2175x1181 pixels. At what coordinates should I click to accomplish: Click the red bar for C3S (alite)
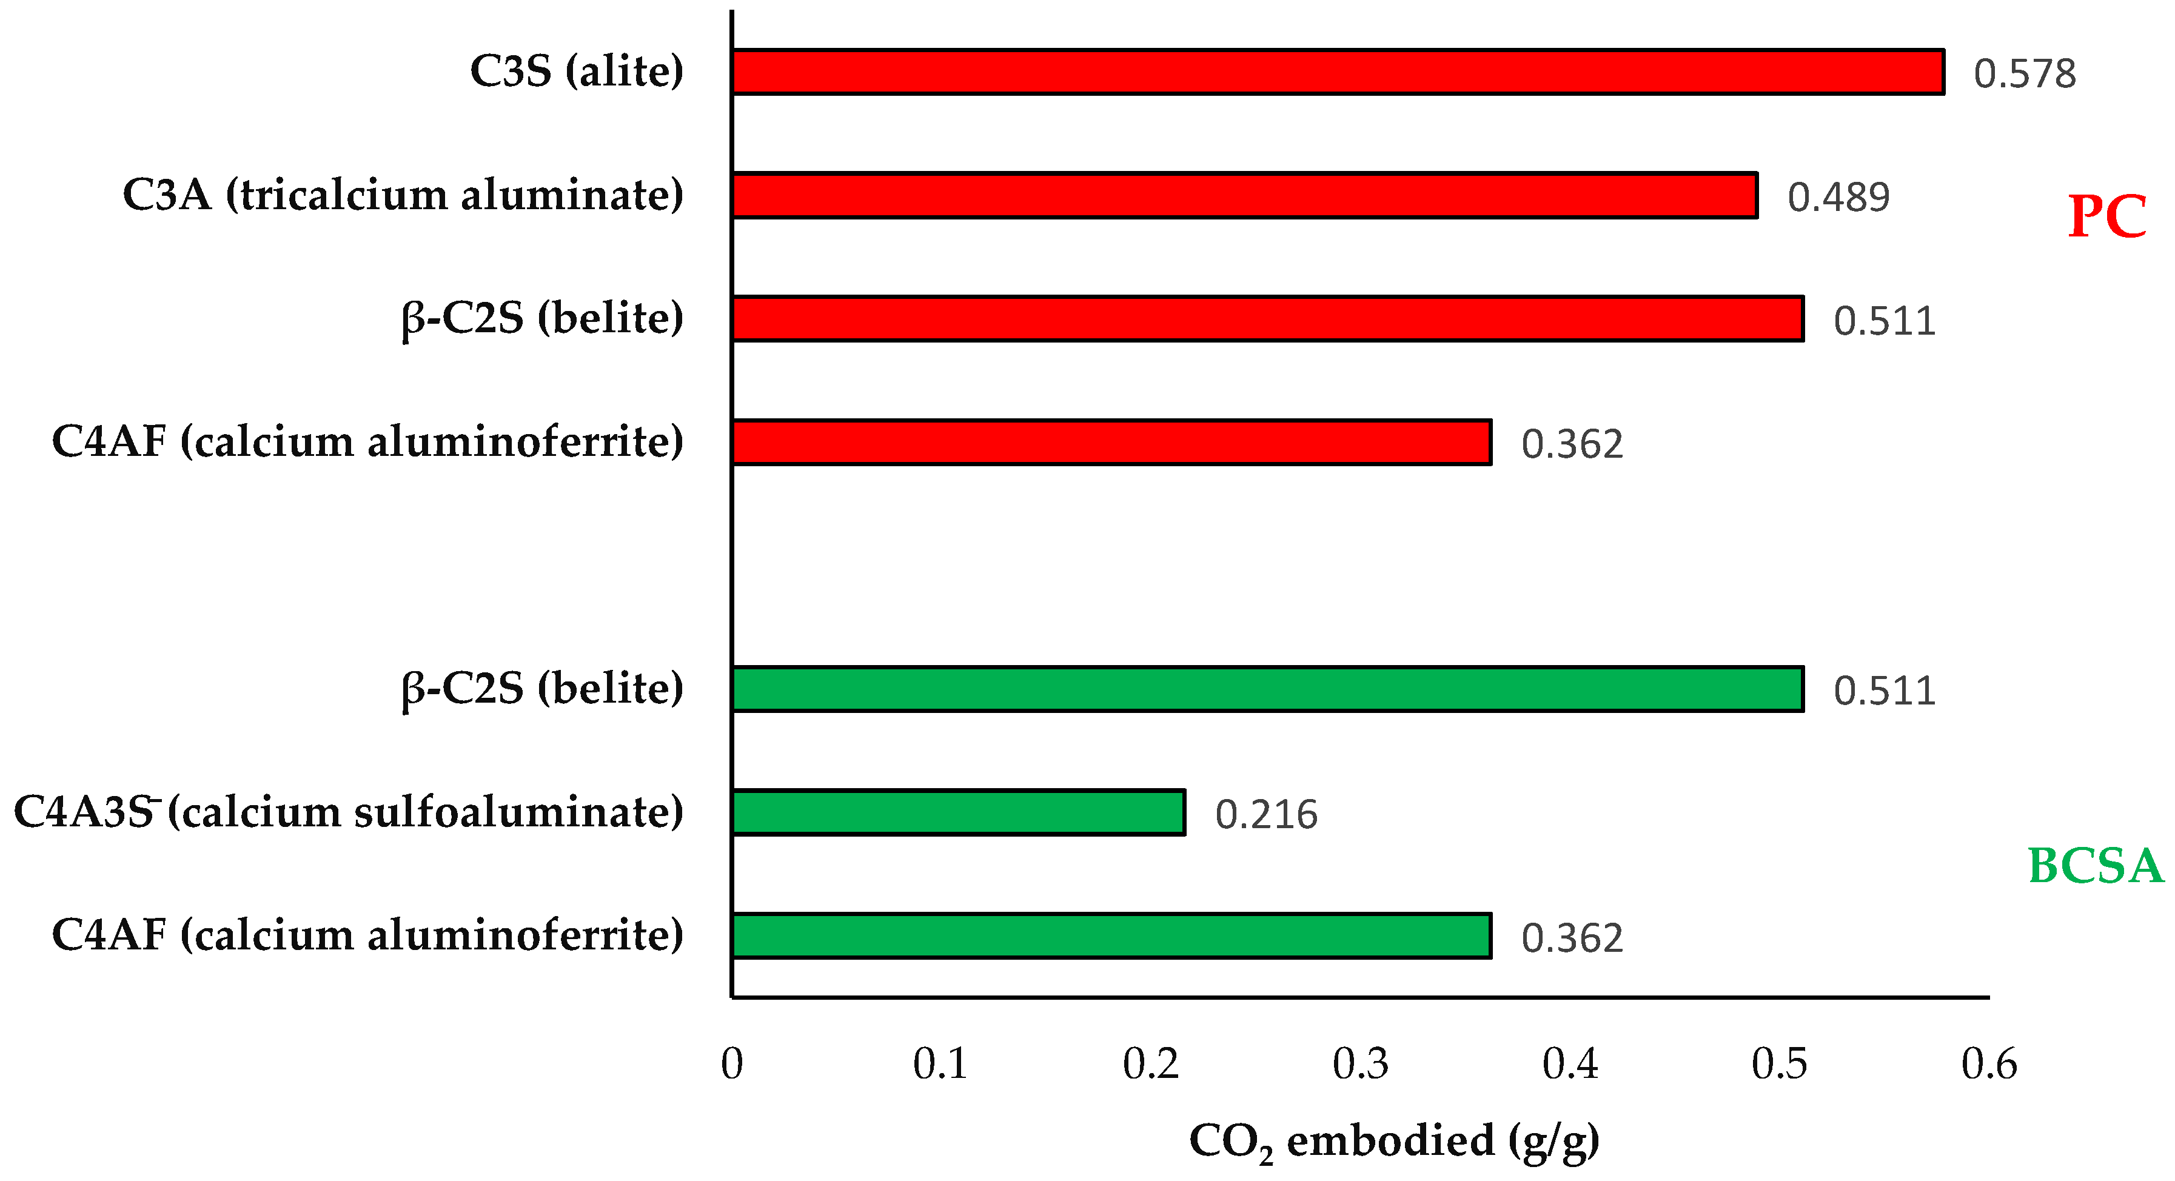coord(1338,72)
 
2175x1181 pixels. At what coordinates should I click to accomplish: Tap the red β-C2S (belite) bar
coord(1267,319)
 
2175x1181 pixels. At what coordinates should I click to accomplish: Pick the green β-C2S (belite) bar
coord(1267,689)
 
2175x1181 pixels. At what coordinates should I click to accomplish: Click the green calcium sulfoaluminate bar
coord(958,812)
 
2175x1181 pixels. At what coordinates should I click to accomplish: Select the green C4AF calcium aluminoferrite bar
coord(1111,935)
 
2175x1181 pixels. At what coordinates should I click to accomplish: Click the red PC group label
coord(2106,217)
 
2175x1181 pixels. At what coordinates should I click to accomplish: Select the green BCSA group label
coord(2096,866)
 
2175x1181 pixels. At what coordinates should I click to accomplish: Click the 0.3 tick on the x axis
coord(1360,1063)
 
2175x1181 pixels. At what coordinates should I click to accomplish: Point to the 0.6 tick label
coord(1988,1063)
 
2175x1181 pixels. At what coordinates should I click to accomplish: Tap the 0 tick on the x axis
coord(732,1063)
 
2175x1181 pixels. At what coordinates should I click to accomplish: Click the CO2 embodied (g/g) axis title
coord(1394,1142)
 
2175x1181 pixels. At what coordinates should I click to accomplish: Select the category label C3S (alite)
coord(577,71)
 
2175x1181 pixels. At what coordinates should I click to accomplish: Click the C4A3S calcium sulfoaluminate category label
coord(348,812)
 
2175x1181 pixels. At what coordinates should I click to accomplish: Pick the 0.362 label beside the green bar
coord(1571,938)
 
